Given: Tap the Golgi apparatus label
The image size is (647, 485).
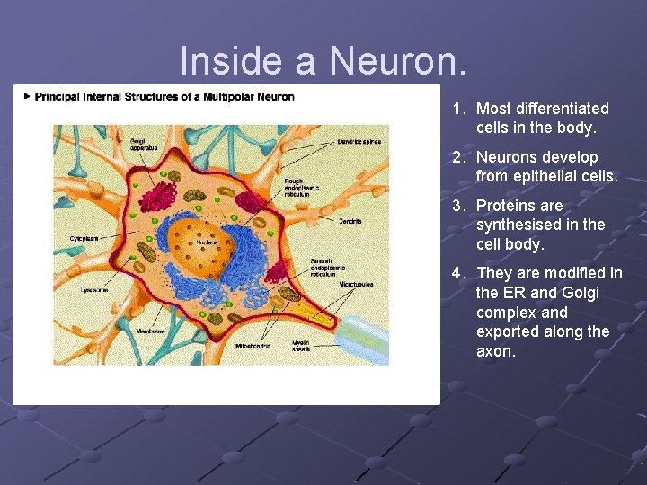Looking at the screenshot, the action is click(x=144, y=144).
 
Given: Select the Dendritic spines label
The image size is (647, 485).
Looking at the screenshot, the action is click(x=359, y=141).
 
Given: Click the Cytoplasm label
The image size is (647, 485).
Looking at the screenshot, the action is click(x=85, y=238).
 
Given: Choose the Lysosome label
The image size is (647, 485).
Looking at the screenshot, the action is click(x=93, y=291).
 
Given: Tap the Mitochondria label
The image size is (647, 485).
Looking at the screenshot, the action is click(x=253, y=345).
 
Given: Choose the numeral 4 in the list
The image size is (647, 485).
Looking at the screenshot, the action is click(x=456, y=273).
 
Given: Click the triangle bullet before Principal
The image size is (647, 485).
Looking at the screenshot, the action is click(x=28, y=96).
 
